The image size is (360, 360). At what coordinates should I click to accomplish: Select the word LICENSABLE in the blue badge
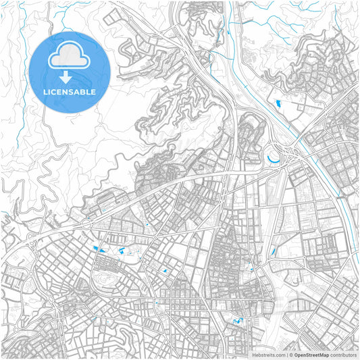pyautogui.click(x=70, y=91)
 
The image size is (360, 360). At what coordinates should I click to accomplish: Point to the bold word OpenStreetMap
pyautogui.click(x=311, y=354)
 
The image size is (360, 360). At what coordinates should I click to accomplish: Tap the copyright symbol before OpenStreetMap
pyautogui.click(x=290, y=354)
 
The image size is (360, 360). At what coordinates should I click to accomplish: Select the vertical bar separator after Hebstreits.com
pyautogui.click(x=286, y=354)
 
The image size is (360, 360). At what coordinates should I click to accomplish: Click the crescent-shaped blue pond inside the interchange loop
pyautogui.click(x=274, y=159)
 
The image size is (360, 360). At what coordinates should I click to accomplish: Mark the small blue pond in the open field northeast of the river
pyautogui.click(x=278, y=103)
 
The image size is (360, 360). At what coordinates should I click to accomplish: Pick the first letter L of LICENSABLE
pyautogui.click(x=45, y=91)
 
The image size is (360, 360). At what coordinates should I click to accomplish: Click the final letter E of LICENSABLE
pyautogui.click(x=93, y=91)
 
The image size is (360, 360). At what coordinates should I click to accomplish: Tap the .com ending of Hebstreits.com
pyautogui.click(x=278, y=354)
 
